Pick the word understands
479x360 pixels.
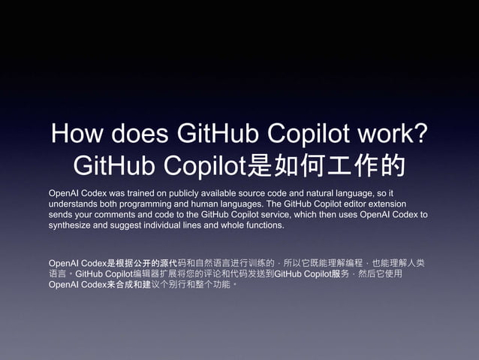[x=75, y=204]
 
